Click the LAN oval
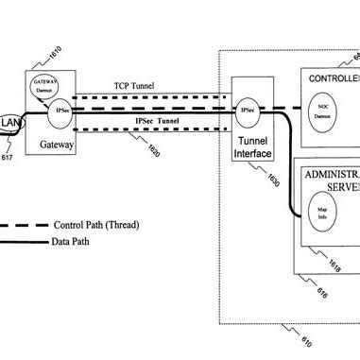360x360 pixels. coord(10,124)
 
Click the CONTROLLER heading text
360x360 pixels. coord(332,77)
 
